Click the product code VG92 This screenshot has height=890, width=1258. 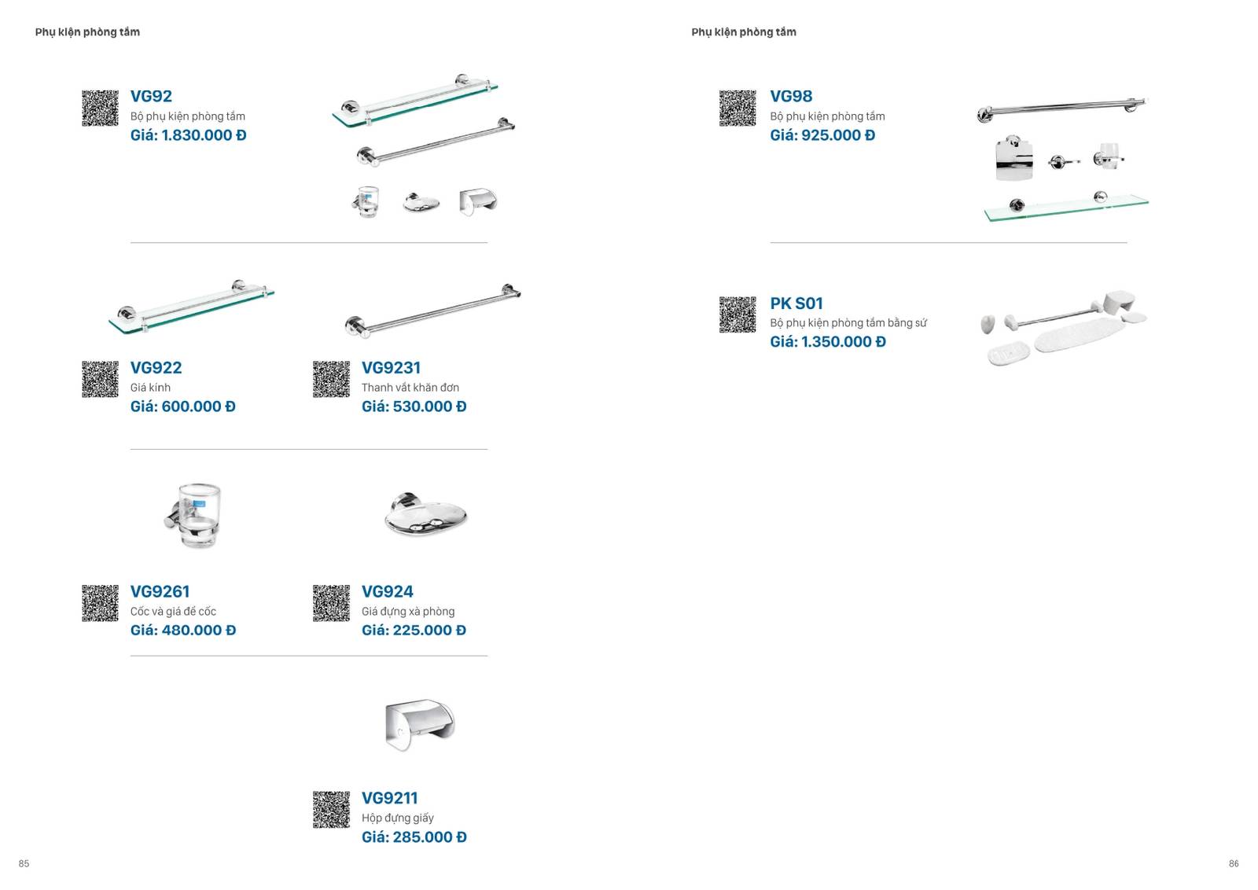[x=151, y=96]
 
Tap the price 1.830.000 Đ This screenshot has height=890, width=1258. [x=204, y=135]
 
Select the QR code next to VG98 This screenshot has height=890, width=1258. [x=738, y=108]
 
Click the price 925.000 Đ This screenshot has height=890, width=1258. [x=838, y=135]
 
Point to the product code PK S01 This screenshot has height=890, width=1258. [x=796, y=303]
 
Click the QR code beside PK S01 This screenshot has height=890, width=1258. [x=738, y=315]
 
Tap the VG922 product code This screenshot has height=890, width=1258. [x=156, y=368]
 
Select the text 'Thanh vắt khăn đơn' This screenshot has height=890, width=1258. [x=410, y=388]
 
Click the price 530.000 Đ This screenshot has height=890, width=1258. [x=429, y=406]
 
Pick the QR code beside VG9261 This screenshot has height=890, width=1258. [x=100, y=603]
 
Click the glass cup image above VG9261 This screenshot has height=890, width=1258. [x=193, y=515]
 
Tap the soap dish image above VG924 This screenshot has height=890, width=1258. [x=425, y=513]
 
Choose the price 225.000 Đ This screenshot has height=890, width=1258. [x=429, y=630]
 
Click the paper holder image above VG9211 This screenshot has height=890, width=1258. [x=420, y=724]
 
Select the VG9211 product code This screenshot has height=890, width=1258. [x=390, y=798]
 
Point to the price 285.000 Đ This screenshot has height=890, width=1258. [x=429, y=837]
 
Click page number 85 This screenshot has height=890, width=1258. [x=24, y=863]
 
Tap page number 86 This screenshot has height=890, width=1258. [x=1234, y=863]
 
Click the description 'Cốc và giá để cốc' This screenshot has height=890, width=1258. [x=173, y=612]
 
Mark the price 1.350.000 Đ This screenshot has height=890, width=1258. [x=843, y=342]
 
